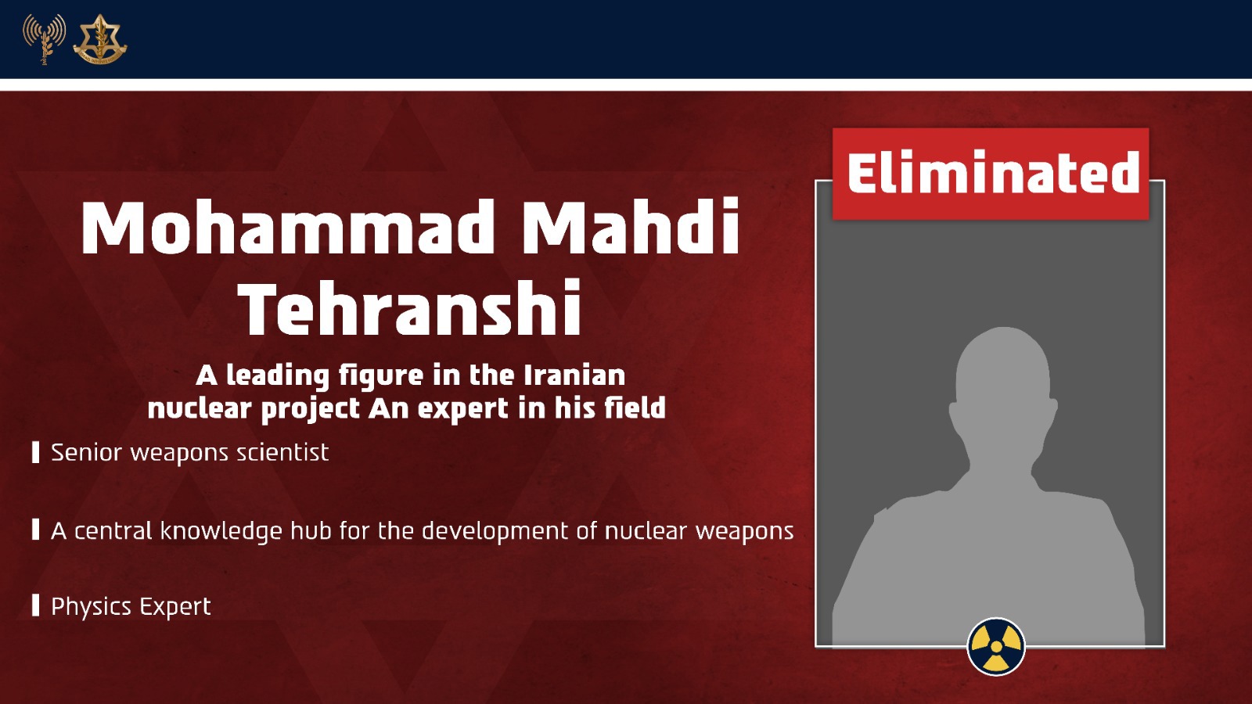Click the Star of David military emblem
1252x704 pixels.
[x=100, y=39]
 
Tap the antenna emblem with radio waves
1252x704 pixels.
[x=44, y=38]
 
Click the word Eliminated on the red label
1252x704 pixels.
[x=993, y=172]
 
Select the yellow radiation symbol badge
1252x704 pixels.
[x=996, y=646]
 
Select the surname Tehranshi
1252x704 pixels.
[x=411, y=308]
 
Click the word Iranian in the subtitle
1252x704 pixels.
[x=574, y=375]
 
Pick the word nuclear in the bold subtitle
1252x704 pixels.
[x=200, y=408]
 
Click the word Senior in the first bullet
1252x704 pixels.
[x=86, y=453]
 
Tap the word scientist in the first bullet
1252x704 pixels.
[x=282, y=453]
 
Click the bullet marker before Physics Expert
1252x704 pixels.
[x=36, y=605]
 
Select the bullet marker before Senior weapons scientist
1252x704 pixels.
[x=36, y=452]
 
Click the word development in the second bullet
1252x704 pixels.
[x=495, y=532]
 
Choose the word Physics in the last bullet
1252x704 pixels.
[x=91, y=607]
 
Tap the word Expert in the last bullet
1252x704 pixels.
[x=175, y=607]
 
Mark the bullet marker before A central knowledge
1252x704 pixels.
[x=36, y=529]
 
